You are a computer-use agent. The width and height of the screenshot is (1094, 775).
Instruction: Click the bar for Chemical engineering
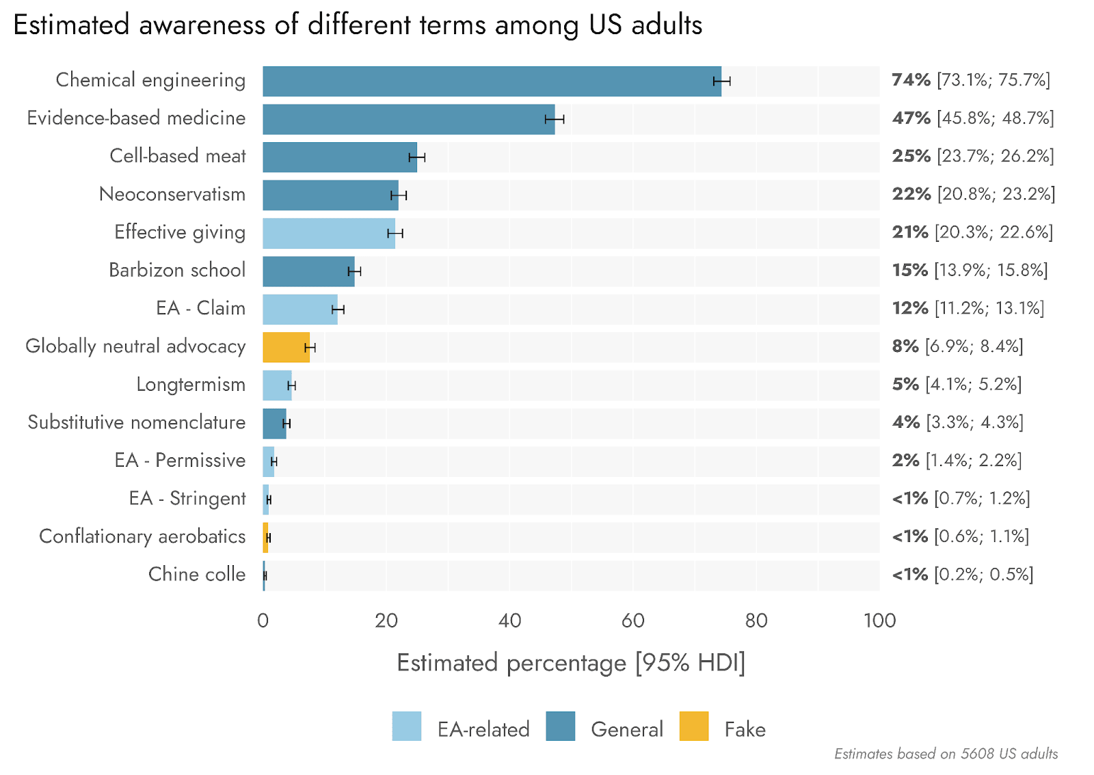pyautogui.click(x=492, y=81)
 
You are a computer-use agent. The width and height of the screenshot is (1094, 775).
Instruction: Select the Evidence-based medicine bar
pyautogui.click(x=408, y=119)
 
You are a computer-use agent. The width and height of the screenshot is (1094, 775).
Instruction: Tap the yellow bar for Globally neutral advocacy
pyautogui.click(x=286, y=347)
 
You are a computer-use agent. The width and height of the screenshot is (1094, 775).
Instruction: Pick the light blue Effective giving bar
pyautogui.click(x=328, y=233)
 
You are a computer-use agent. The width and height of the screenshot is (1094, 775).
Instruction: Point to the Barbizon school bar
pyautogui.click(x=308, y=271)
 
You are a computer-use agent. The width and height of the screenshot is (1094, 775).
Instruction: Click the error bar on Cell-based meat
pyautogui.click(x=417, y=157)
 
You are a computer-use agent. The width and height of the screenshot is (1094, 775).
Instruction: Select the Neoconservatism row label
pyautogui.click(x=172, y=194)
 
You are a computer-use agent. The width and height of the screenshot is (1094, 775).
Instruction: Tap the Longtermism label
pyautogui.click(x=191, y=384)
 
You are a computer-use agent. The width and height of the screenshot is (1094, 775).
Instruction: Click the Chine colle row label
pyautogui.click(x=197, y=574)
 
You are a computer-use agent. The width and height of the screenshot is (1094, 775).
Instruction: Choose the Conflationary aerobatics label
pyautogui.click(x=142, y=536)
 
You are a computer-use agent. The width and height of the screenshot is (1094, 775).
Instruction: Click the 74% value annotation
pyautogui.click(x=911, y=80)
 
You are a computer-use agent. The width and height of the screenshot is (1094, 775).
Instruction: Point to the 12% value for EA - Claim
pyautogui.click(x=910, y=308)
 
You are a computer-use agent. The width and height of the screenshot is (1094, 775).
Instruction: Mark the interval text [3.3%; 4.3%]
pyautogui.click(x=974, y=422)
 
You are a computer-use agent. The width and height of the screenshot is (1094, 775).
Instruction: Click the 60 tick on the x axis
pyautogui.click(x=633, y=621)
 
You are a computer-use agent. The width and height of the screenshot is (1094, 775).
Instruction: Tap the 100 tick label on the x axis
pyautogui.click(x=879, y=621)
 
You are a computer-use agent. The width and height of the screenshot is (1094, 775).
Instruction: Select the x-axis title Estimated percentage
pyautogui.click(x=571, y=663)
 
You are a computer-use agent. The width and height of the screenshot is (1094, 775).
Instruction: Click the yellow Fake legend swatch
pyautogui.click(x=694, y=726)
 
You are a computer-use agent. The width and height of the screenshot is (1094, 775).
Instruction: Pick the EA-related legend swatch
pyautogui.click(x=407, y=726)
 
